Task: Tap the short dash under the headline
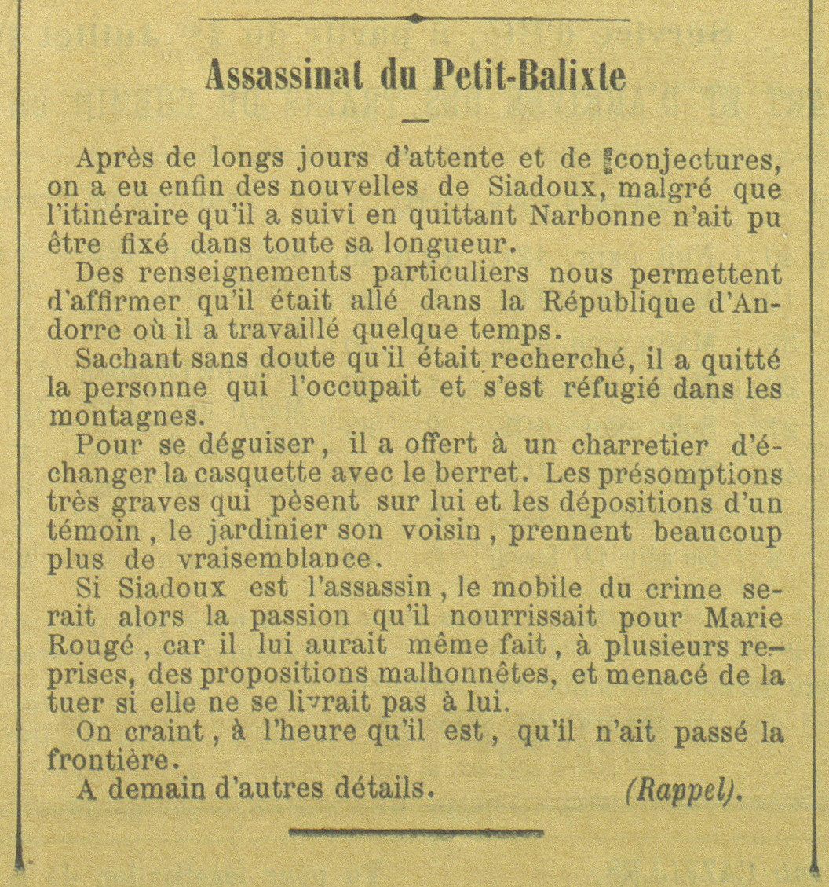414,120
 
